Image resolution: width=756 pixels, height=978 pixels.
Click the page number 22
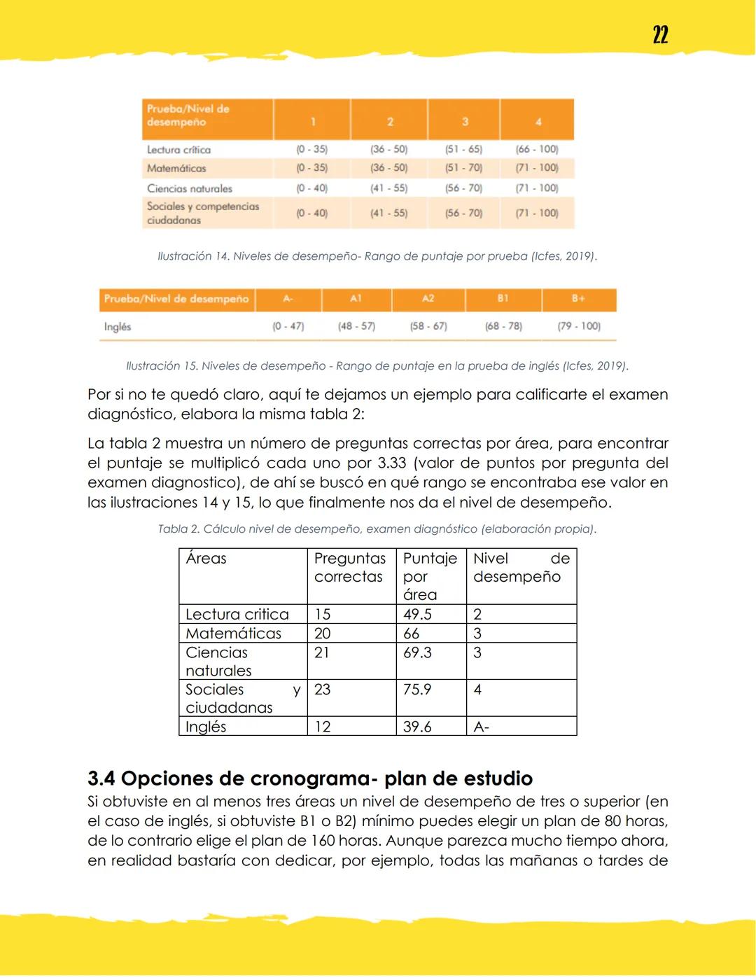tap(660, 35)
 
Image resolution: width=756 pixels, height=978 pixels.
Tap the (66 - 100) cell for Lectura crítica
tap(537, 149)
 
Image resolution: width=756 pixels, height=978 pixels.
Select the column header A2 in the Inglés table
tap(428, 298)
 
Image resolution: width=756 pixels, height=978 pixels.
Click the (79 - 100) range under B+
tap(579, 326)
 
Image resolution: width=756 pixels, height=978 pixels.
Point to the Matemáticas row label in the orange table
tap(176, 168)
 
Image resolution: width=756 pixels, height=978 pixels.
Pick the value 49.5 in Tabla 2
tap(417, 614)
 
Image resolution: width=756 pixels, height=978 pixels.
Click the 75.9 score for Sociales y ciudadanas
tap(417, 689)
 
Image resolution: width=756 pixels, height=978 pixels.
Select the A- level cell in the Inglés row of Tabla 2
tap(482, 727)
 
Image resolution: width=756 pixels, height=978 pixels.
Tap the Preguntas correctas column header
tap(349, 568)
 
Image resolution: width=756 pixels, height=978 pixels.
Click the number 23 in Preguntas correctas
tap(322, 689)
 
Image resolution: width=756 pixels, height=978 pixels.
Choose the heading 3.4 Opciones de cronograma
tap(310, 778)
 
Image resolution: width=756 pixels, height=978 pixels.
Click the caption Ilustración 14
tap(377, 256)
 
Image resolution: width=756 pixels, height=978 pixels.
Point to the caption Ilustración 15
tap(377, 365)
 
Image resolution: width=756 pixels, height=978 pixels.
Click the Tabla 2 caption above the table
tap(377, 529)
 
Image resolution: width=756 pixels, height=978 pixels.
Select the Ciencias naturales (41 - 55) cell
tap(388, 188)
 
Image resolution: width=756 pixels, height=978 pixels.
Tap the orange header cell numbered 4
tap(538, 121)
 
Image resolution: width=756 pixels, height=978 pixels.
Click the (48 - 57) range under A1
tap(356, 326)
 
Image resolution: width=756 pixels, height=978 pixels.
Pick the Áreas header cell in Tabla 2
tap(206, 559)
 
